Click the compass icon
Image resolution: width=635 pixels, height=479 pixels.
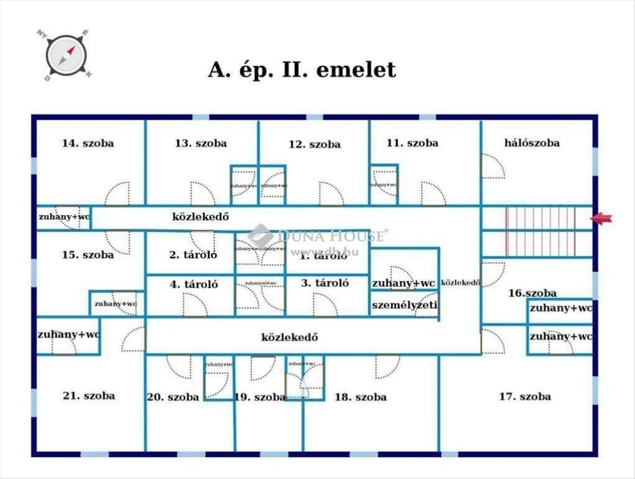66,55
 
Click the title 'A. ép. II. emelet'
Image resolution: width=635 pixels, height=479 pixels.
302,70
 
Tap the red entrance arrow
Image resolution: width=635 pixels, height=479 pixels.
602,218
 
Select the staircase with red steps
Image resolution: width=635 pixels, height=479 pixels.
540,231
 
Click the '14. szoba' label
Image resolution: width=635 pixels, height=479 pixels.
88,143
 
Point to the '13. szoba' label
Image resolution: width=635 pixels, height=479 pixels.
201,143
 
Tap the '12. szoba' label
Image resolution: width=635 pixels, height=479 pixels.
314,144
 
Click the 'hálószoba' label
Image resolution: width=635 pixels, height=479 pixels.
532,143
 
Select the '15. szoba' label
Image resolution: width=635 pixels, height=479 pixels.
88,255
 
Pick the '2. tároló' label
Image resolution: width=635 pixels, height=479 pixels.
193,255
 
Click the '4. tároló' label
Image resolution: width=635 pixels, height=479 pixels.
194,284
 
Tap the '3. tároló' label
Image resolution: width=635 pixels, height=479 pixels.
325,283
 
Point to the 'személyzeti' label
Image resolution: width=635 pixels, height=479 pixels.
405,306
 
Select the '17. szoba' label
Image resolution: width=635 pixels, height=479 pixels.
525,396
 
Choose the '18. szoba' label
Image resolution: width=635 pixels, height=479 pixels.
360,397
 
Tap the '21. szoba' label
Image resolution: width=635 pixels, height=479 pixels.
88,395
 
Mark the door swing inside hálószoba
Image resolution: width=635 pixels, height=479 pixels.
492,166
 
